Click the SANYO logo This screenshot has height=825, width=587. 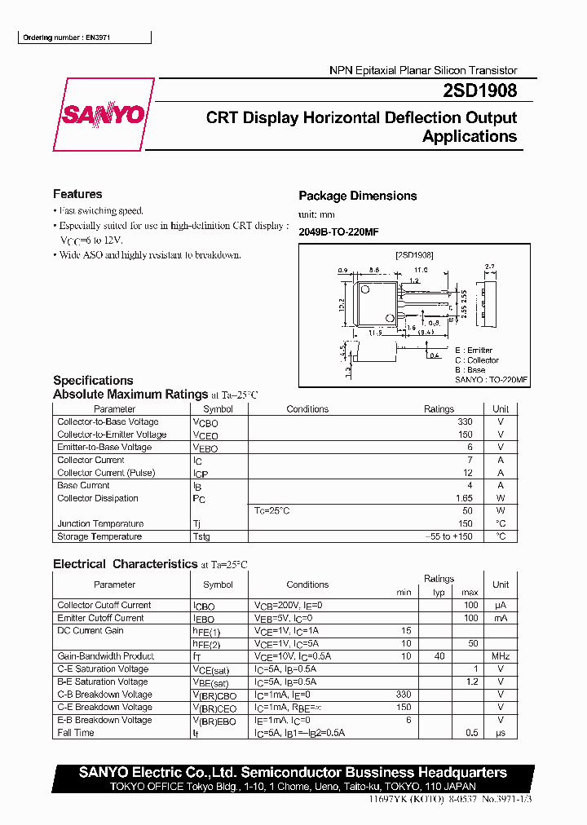pos(104,115)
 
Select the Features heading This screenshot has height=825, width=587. pos(77,194)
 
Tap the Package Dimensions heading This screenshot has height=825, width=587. pos(357,196)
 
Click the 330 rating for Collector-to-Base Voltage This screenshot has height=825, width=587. pos(465,422)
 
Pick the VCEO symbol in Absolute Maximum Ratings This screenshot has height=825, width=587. pos(205,435)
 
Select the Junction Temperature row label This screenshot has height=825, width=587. pos(100,523)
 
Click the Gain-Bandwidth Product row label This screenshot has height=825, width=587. pos(105,656)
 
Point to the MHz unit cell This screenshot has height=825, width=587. pos(501,656)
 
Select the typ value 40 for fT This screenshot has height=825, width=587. pos(439,656)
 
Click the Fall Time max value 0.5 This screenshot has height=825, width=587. pos(472,733)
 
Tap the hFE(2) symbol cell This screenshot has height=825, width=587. pos(206,643)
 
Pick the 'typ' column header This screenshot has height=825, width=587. pos(439,593)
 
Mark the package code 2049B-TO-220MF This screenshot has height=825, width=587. pos(338,232)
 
